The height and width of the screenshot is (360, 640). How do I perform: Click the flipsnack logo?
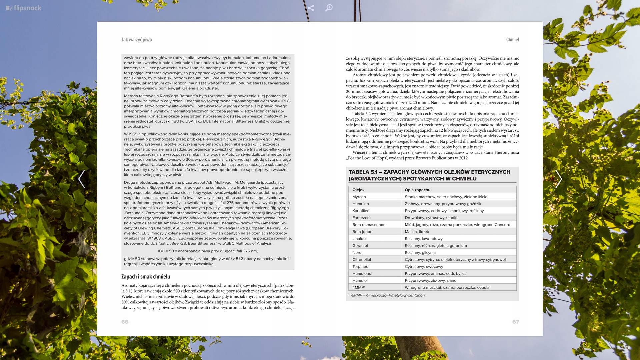(x=24, y=8)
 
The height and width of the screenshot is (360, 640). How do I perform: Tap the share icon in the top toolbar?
(x=311, y=8)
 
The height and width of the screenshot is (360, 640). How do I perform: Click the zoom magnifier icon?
(x=329, y=8)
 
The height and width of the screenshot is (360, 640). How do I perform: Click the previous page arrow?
(x=82, y=179)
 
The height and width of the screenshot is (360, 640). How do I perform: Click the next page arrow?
(x=558, y=179)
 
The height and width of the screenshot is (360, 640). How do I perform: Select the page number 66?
(x=125, y=322)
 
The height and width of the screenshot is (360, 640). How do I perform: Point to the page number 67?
(x=515, y=322)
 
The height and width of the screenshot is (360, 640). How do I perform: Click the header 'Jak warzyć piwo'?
(x=137, y=40)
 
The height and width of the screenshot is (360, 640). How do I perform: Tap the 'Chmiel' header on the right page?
(x=512, y=40)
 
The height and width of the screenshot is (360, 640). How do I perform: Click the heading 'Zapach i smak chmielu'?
(x=146, y=277)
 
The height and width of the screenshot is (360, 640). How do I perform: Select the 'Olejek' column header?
(x=358, y=190)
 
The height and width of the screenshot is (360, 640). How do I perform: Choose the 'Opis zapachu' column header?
(x=417, y=190)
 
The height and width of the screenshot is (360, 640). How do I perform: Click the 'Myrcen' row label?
(x=359, y=197)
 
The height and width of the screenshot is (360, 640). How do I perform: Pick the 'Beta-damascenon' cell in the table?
(x=369, y=225)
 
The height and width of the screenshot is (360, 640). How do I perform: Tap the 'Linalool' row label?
(x=359, y=239)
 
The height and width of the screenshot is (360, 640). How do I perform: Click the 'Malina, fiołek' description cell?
(x=417, y=232)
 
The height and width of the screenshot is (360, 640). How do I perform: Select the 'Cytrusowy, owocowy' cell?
(x=424, y=267)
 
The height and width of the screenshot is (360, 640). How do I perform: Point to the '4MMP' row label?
(x=358, y=287)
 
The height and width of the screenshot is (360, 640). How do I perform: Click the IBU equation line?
(x=208, y=251)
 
